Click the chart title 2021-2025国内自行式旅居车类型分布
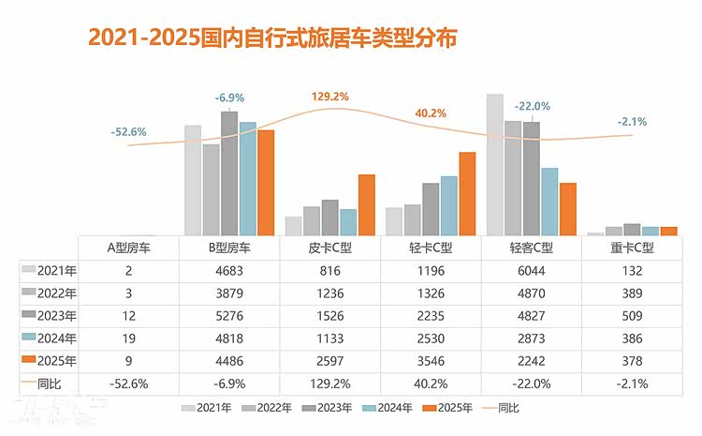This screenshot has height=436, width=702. pos(272,38)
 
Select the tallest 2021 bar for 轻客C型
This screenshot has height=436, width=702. pos(495,164)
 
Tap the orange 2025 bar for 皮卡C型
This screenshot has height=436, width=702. pos(366,204)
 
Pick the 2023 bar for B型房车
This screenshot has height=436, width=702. pos(229,173)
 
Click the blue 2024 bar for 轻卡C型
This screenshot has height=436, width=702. pos(449,205)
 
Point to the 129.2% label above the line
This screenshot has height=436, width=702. pos(330,97)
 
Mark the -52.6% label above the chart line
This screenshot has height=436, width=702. pos(129,132)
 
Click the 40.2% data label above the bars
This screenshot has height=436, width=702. pos(431,113)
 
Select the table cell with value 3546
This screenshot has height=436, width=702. pos(431,361)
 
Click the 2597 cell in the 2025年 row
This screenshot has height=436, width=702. pos(330,361)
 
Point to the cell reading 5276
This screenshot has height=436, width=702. pos(229,315)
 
